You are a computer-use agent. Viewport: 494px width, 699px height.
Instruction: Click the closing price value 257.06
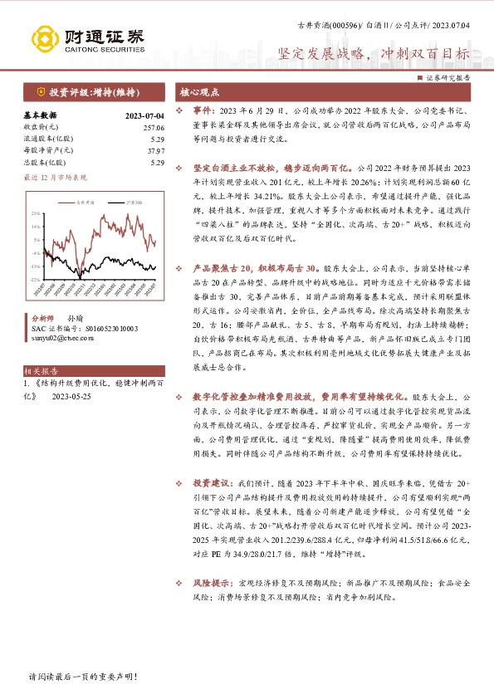click(152, 127)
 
